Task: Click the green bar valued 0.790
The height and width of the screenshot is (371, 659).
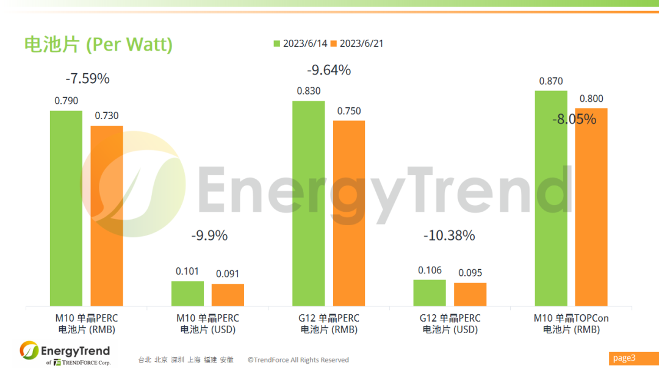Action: tap(66, 208)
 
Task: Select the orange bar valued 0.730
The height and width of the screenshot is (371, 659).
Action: tap(107, 215)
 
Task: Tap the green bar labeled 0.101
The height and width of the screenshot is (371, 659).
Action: tap(187, 294)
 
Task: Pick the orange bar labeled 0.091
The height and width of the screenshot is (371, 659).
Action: tap(228, 295)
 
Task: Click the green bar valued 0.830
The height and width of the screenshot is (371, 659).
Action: tap(308, 203)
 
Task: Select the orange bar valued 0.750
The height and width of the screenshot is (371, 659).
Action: tap(349, 213)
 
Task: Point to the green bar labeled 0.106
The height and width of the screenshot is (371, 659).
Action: tap(430, 293)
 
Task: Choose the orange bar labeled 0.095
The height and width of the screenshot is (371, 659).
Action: tap(470, 294)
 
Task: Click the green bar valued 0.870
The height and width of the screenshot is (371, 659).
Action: tap(551, 198)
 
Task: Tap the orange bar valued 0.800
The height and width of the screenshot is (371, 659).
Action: tap(591, 207)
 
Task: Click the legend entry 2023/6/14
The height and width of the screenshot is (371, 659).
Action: tap(300, 43)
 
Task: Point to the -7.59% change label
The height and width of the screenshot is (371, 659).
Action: tap(87, 79)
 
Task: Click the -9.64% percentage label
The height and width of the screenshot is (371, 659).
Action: tap(329, 70)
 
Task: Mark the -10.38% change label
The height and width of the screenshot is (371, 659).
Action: tap(449, 236)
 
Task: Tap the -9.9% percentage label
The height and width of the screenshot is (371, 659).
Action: tap(209, 236)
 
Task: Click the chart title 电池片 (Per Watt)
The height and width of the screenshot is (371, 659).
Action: tap(98, 45)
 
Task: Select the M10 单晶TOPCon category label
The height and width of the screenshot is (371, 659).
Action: tap(571, 323)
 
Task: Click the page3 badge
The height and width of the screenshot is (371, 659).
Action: tap(624, 358)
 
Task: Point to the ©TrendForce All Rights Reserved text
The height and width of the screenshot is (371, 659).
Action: tap(298, 360)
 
